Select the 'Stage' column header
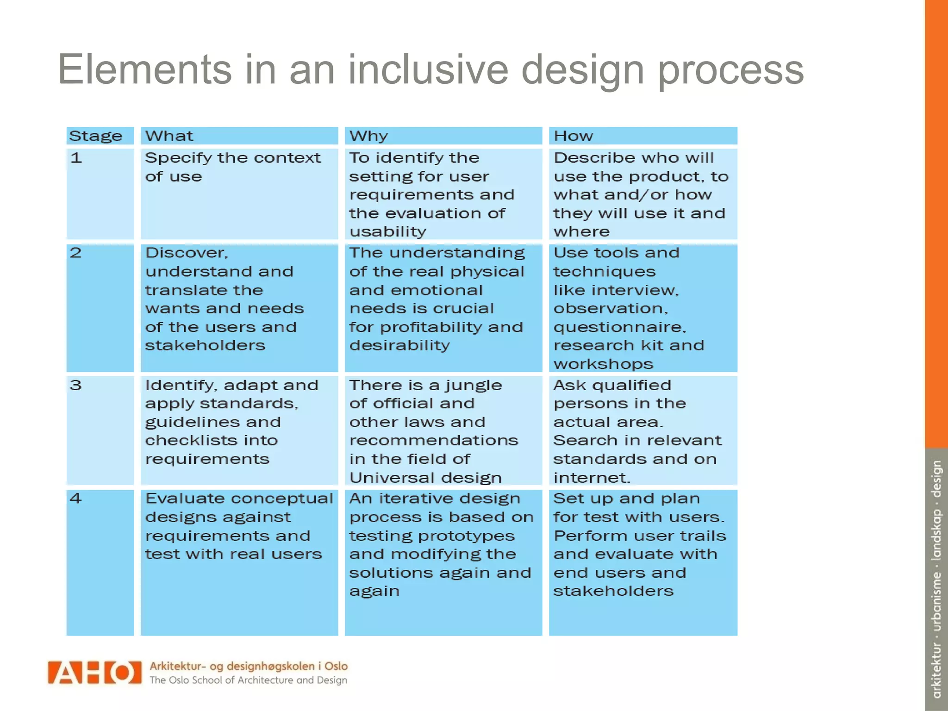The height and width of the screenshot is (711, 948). tap(95, 136)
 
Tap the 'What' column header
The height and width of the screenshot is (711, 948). tap(169, 136)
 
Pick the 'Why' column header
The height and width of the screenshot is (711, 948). tap(368, 136)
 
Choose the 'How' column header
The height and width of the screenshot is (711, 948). tap(573, 136)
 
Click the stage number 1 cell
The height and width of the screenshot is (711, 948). tap(76, 158)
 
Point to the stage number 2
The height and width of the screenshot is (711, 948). tap(75, 253)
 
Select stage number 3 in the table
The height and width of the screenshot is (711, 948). tap(75, 385)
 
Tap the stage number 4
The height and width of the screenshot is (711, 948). tap(75, 499)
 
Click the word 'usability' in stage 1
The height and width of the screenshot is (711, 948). tap(388, 231)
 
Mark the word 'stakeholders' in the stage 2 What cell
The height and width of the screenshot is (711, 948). tap(205, 345)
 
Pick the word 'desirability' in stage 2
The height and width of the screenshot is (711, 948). tap(399, 345)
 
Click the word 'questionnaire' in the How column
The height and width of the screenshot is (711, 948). tap(619, 327)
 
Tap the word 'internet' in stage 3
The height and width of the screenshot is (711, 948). tap(591, 477)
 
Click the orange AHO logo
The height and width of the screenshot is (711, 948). tap(94, 672)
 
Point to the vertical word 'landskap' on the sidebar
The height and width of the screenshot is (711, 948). tap(936, 534)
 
